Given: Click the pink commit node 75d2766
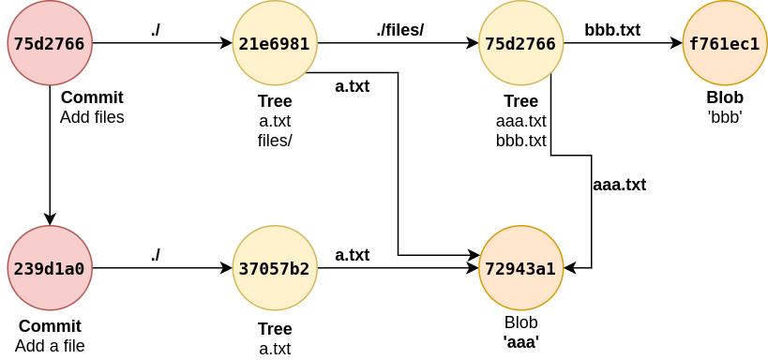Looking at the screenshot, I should tap(50, 43).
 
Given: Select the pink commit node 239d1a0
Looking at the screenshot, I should tap(50, 269).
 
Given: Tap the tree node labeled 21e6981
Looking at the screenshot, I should tap(274, 43).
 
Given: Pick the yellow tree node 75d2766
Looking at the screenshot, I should tap(520, 43).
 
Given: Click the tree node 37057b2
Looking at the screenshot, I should tap(274, 269).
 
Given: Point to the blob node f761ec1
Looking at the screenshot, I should tap(724, 43).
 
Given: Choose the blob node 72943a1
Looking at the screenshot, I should tap(520, 269).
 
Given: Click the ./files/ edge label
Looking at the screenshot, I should tap(400, 30).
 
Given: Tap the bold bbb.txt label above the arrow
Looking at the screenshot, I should tap(611, 30).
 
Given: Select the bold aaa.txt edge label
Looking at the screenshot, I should tap(620, 185).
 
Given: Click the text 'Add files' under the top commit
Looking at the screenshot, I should tap(92, 117).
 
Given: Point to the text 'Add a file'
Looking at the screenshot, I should tap(50, 346).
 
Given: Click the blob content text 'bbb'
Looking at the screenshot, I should tap(725, 117).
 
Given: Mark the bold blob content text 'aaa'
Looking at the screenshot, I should tap(520, 342).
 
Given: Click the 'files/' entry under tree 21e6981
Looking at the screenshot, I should tap(275, 141).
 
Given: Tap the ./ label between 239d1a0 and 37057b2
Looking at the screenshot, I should tap(156, 254).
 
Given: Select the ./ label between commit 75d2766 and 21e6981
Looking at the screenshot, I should tap(156, 30).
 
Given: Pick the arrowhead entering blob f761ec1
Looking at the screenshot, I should tap(676, 43).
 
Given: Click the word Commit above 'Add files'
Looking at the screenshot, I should tap(92, 97).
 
